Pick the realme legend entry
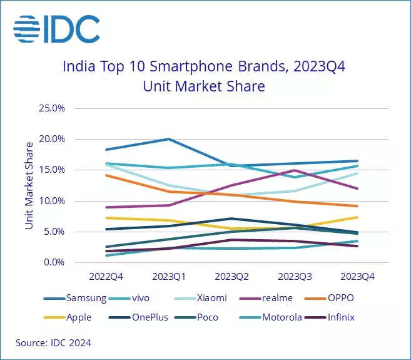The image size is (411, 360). (278, 299)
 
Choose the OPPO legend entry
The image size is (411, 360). (340, 299)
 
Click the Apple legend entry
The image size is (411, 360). (78, 317)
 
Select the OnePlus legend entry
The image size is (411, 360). (149, 317)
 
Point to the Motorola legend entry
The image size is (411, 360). (282, 317)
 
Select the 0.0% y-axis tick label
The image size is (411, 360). (54, 262)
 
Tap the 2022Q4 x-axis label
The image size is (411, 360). (107, 275)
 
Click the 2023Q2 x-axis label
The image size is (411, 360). (231, 275)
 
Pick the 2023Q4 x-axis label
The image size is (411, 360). (357, 275)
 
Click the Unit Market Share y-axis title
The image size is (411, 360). (29, 185)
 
